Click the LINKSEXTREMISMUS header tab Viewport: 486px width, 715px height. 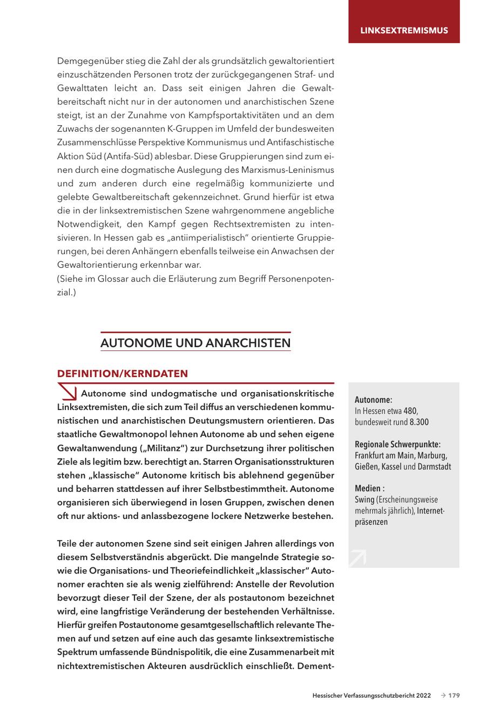pos(404,30)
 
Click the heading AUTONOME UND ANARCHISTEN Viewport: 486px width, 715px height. pos(195,343)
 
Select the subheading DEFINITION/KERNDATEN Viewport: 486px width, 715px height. pos(123,374)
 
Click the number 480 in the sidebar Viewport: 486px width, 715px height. pos(411,411)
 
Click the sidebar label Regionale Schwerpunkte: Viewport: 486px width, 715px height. pos(397,444)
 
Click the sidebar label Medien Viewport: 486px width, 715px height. pos(367,489)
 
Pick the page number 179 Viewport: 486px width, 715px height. pos(454,696)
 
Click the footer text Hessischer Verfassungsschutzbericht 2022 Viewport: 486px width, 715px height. pos(372,696)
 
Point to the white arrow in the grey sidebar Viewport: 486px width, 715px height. pos(357,557)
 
